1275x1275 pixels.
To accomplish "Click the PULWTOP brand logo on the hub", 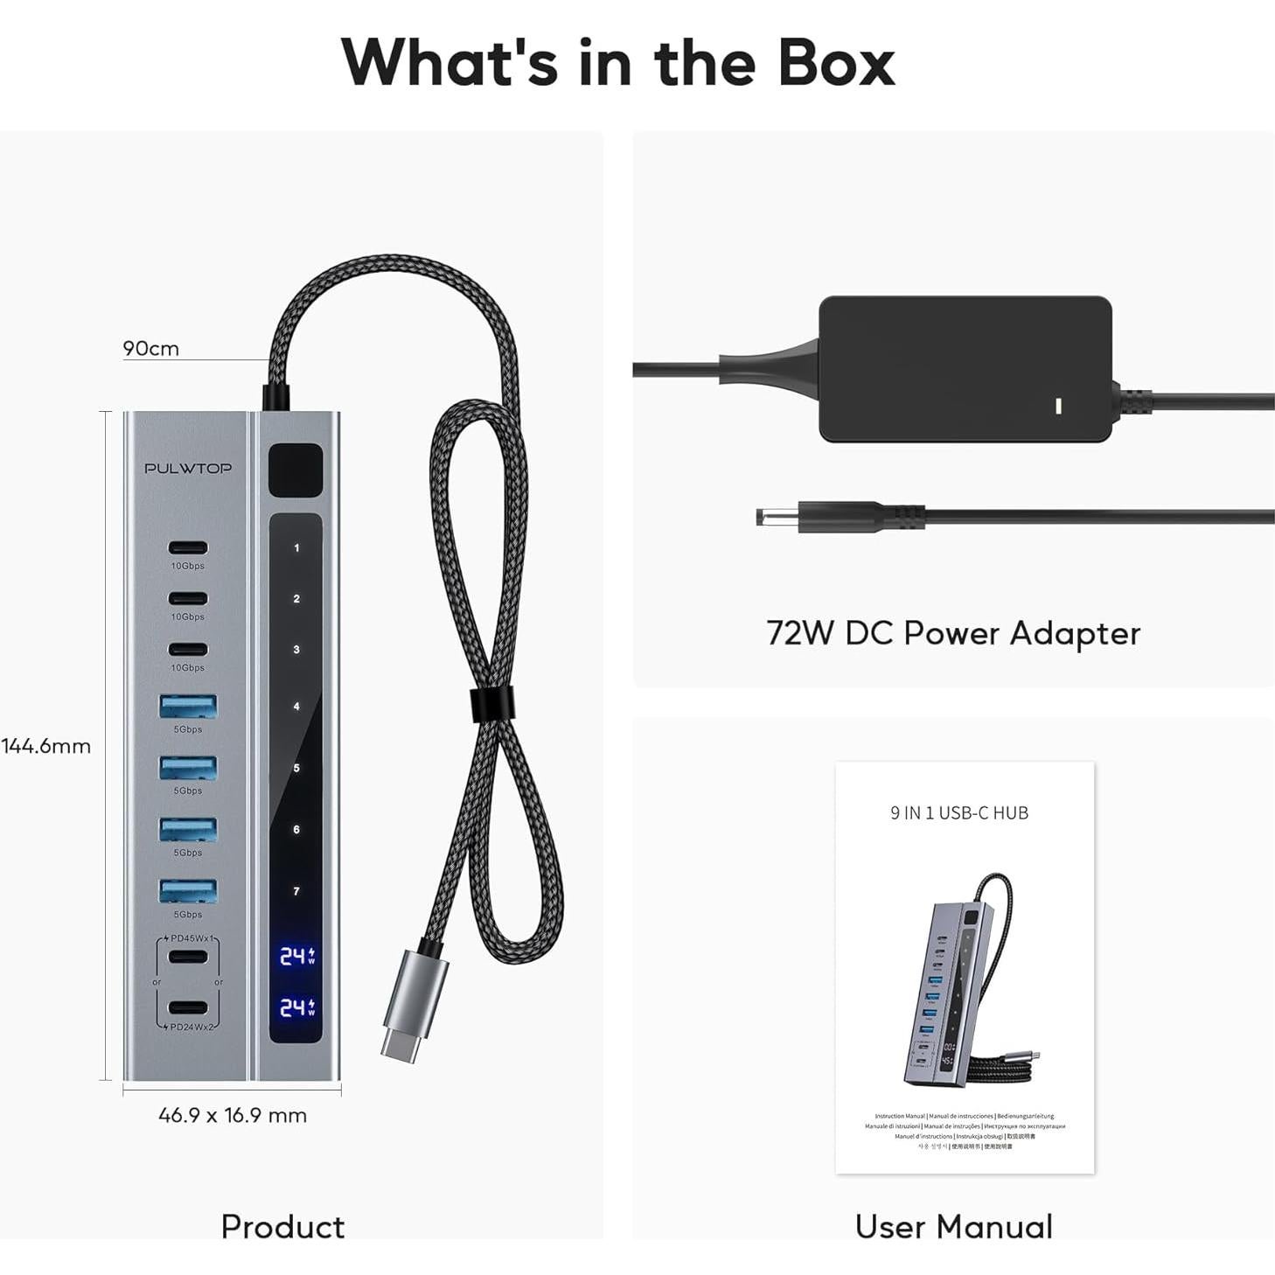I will coord(188,468).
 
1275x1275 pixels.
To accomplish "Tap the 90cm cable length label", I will coord(150,348).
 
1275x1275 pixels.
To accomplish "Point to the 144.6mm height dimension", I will coord(46,746).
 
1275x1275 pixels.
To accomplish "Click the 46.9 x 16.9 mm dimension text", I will coord(233,1115).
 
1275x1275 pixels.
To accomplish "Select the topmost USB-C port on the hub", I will coord(188,548).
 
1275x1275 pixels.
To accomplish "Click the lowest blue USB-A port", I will coord(188,890).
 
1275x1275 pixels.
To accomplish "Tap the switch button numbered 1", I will coord(296,548).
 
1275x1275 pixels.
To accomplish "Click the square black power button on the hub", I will coord(296,470).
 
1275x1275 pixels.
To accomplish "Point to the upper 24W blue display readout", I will coord(296,956).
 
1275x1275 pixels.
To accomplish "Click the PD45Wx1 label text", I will coord(192,938).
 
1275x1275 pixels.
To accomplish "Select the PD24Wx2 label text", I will coord(192,1027).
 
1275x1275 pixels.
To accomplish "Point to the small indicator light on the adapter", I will coord(1059,406).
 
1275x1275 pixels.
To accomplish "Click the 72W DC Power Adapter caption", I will coord(953,633).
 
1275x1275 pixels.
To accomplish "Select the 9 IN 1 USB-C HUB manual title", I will coord(959,813).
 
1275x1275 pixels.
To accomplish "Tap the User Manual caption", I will coord(953,1226).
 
